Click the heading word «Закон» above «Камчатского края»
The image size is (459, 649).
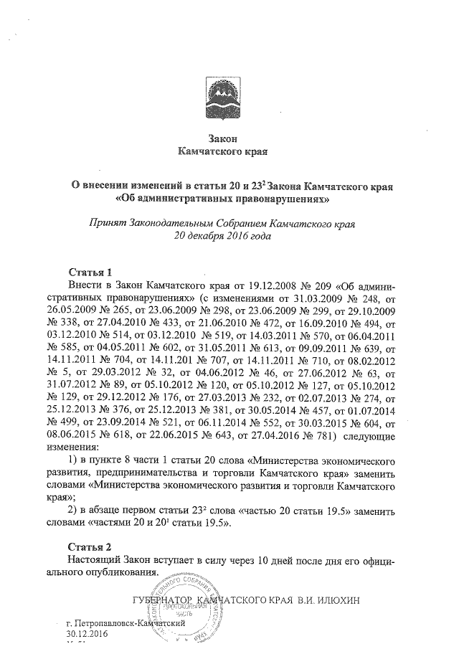pyautogui.click(x=221, y=138)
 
